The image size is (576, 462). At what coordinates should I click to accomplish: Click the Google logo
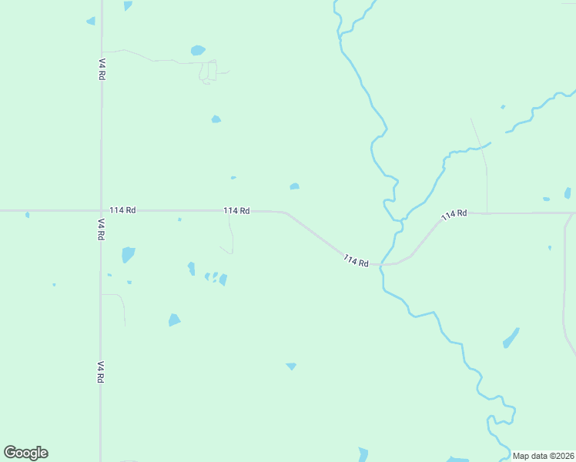point(26,453)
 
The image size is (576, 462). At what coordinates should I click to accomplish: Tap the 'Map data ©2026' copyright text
point(544,456)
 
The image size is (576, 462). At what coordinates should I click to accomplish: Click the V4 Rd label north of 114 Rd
point(102,69)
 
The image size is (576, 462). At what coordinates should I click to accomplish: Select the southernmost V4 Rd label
point(101,372)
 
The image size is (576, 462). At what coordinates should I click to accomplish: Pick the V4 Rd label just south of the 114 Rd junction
point(101,229)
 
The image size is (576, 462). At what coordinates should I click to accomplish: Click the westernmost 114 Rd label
point(122,210)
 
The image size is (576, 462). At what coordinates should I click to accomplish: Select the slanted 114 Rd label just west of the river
point(356,261)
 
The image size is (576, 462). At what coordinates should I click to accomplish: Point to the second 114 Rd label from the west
point(236,210)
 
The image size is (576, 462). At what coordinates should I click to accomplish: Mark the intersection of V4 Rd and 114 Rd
point(101,210)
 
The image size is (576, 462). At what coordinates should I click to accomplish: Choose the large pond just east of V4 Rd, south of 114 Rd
point(128,254)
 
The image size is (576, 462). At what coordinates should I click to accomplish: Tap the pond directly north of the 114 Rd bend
point(294,186)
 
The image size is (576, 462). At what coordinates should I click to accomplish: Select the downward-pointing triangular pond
point(291,367)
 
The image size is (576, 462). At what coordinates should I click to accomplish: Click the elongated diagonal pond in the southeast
point(511,337)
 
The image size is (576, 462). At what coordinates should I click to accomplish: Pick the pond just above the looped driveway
point(198,51)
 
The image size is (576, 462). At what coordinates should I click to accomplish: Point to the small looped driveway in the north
point(208,72)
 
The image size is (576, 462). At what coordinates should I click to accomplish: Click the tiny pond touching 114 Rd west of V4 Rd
point(27,214)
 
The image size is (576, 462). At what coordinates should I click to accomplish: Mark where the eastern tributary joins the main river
point(400,222)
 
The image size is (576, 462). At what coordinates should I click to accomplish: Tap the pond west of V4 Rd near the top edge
point(91,21)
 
